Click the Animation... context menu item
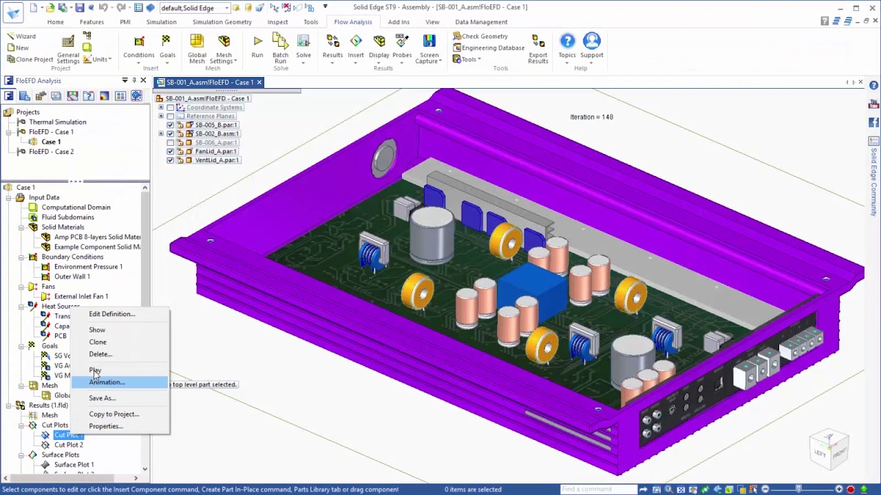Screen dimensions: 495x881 click(x=107, y=382)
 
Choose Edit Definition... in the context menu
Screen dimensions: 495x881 click(x=112, y=314)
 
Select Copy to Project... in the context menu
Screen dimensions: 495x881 click(x=114, y=414)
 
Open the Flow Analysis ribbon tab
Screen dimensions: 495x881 click(x=352, y=22)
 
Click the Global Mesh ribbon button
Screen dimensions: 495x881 click(x=197, y=48)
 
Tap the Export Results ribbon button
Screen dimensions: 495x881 click(x=538, y=48)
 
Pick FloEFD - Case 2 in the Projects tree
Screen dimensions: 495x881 click(x=51, y=152)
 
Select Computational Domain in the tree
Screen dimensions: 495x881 click(x=76, y=207)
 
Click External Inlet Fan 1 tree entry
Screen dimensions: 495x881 click(x=81, y=296)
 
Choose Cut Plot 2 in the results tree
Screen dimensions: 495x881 click(x=69, y=445)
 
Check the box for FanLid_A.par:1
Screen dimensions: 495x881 click(x=171, y=151)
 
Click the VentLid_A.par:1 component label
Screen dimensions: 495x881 click(x=217, y=160)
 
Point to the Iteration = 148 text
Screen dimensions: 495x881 click(x=591, y=117)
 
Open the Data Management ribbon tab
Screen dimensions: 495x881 click(x=481, y=22)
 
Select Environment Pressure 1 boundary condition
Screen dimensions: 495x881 click(x=88, y=267)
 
